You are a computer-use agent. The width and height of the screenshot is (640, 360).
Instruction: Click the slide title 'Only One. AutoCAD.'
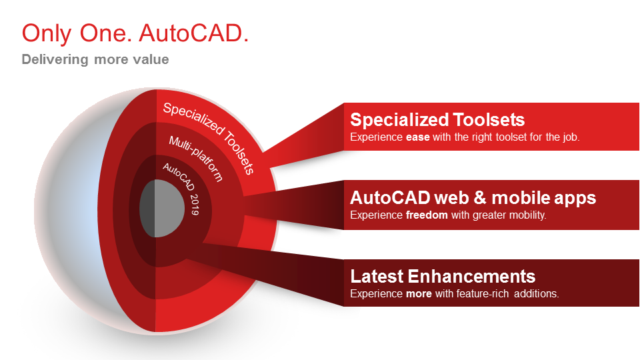click(x=135, y=33)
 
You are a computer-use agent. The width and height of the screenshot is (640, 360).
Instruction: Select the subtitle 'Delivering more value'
click(x=95, y=59)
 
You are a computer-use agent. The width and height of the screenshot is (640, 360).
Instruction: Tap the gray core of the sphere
click(x=162, y=208)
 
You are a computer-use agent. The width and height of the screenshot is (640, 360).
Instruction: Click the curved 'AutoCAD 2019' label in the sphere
click(x=181, y=188)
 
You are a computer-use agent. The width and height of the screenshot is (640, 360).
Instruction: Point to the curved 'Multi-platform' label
click(x=196, y=159)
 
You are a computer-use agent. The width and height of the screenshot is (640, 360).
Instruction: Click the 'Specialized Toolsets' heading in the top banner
click(x=437, y=119)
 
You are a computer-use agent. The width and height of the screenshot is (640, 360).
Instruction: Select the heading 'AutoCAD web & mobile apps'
click(x=473, y=198)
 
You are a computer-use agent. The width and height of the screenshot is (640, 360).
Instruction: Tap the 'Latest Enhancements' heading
click(x=443, y=276)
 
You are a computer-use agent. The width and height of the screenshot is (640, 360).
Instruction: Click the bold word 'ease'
click(x=417, y=137)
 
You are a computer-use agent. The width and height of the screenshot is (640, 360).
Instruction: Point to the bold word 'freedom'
click(x=427, y=215)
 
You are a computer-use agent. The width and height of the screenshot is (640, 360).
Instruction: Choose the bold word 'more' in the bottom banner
click(x=419, y=294)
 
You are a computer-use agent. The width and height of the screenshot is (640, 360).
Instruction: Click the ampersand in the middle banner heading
click(x=480, y=198)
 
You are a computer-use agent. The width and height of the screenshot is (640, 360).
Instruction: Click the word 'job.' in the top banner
click(x=571, y=137)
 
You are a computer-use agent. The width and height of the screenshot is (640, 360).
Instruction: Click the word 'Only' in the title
click(x=47, y=34)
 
